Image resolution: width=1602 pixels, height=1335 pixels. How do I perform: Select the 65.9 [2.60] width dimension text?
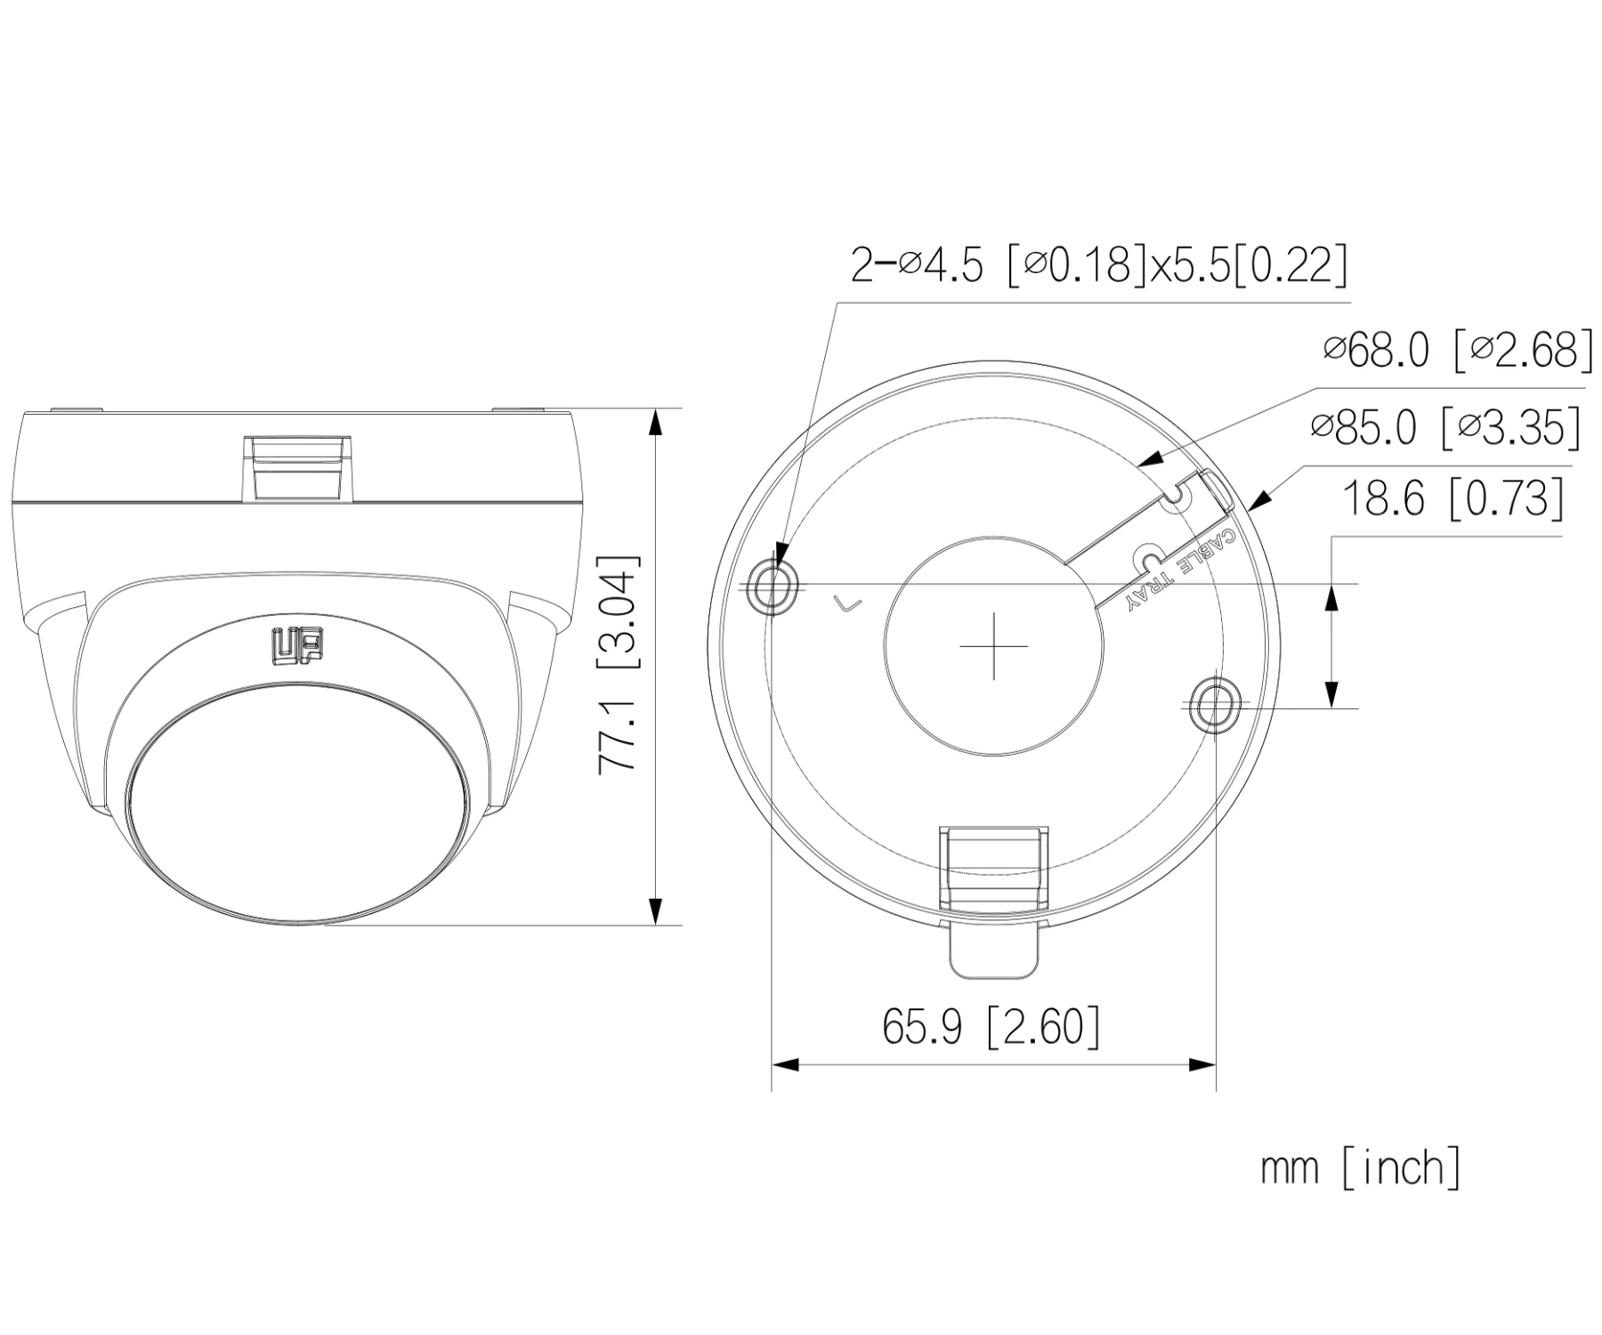991,1026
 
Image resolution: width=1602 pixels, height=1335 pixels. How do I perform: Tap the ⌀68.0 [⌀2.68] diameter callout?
1458,351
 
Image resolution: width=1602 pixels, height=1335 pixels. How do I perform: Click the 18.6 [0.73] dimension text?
1452,498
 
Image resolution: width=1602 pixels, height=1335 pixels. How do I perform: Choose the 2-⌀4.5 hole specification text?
1098,264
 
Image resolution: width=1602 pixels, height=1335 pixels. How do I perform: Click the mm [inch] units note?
1360,1167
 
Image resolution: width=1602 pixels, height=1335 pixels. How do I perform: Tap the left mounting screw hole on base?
771,587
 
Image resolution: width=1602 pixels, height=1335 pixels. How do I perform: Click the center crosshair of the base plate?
993,645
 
